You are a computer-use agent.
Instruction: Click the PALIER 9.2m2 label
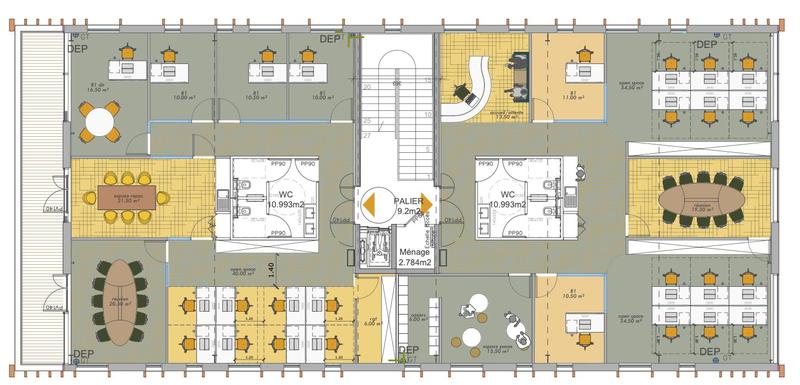click(408, 206)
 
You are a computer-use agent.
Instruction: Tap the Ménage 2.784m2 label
click(414, 257)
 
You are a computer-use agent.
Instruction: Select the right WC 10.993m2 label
click(508, 199)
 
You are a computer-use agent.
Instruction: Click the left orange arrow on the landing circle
click(369, 204)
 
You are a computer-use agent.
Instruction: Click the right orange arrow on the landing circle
click(424, 204)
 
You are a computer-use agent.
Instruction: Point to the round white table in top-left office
click(100, 123)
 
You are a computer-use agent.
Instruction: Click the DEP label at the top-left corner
click(77, 45)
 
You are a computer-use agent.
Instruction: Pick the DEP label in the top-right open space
click(708, 45)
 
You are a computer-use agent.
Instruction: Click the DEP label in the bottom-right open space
click(708, 352)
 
